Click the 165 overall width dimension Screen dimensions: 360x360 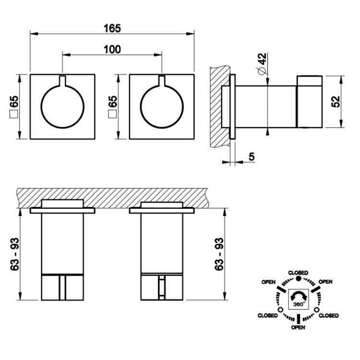tap(112, 28)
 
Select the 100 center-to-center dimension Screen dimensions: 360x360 tap(112, 49)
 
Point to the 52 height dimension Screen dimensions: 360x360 tap(336, 102)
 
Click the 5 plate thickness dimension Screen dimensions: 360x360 tap(252, 157)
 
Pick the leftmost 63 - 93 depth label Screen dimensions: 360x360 tap(14, 254)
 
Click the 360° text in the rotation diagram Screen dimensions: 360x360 tap(299, 304)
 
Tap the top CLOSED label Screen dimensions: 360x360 tap(298, 273)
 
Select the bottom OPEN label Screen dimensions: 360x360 tap(298, 327)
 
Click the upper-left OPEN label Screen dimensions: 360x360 tap(269, 282)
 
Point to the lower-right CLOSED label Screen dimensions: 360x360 tap(329, 316)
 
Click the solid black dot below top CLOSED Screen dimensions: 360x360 tap(298, 279)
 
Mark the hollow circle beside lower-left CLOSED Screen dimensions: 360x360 tap(280, 310)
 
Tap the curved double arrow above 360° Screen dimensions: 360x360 tap(299, 296)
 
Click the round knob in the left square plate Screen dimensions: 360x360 tap(62, 106)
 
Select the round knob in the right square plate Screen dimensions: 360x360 tap(162, 106)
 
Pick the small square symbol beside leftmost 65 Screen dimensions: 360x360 tap(14, 114)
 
